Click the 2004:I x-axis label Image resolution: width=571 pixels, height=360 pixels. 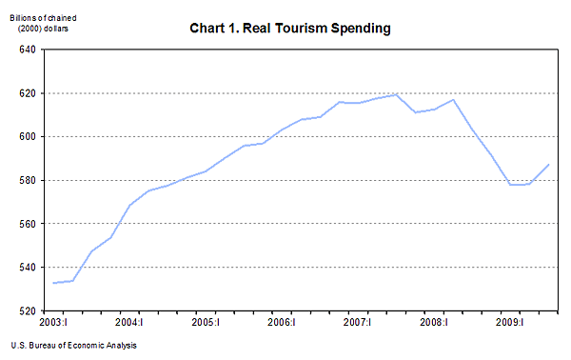click(128, 324)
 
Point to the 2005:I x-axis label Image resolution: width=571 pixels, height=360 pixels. click(206, 324)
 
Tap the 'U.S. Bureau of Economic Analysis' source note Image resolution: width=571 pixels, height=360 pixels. click(74, 346)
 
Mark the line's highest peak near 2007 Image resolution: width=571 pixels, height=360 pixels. click(397, 94)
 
